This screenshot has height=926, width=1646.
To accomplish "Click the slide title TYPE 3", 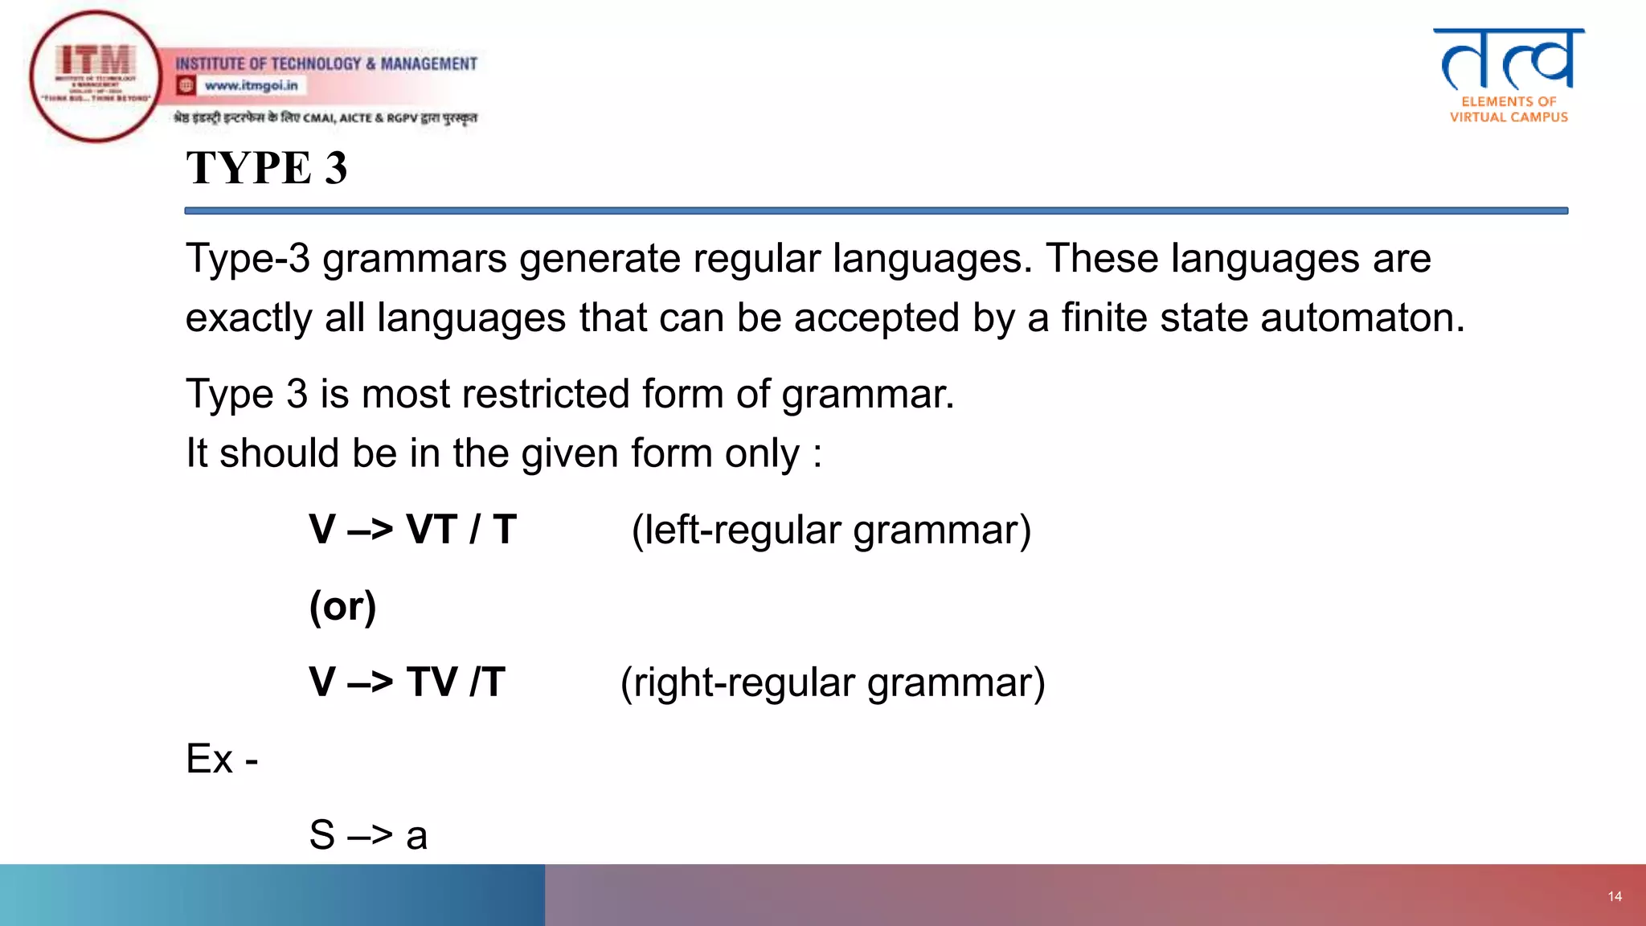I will (266, 168).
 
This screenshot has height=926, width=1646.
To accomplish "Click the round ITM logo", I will (96, 77).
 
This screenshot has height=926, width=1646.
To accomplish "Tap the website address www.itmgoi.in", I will (251, 85).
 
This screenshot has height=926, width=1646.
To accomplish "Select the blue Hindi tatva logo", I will (1509, 59).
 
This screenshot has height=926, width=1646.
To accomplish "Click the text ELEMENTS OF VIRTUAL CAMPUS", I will (1509, 109).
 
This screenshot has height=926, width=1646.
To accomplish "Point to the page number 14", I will (1615, 896).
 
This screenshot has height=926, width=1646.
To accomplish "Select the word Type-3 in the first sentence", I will (248, 260).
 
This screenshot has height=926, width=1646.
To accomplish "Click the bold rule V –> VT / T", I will (412, 530).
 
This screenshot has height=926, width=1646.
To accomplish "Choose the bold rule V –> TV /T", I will (407, 682).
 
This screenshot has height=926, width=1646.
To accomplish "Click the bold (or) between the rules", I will (342, 607).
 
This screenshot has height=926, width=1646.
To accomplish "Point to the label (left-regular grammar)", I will (831, 531).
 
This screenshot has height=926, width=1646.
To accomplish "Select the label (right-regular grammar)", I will (833, 684).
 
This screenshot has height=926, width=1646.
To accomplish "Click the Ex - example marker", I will (222, 759).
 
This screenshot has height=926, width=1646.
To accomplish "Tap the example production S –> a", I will (368, 835).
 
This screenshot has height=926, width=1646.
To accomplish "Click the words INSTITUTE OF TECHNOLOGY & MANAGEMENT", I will (326, 64).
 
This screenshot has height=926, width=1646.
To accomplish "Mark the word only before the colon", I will (762, 454).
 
